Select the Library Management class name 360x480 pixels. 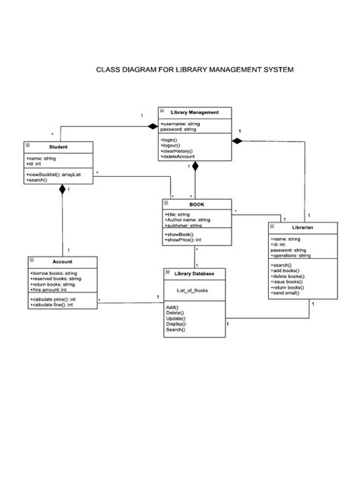pyautogui.click(x=194, y=112)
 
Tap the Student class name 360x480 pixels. pyautogui.click(x=58, y=146)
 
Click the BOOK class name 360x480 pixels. pyautogui.click(x=197, y=204)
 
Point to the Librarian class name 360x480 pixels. pyautogui.click(x=292, y=227)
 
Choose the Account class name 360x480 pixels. pyautogui.click(x=63, y=261)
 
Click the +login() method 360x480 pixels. pyautogui.click(x=170, y=140)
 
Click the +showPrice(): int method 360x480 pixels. pyautogui.click(x=183, y=240)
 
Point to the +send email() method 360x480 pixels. pyautogui.click(x=286, y=293)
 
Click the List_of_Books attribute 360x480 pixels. pyautogui.click(x=192, y=289)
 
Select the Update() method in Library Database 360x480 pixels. pyautogui.click(x=176, y=318)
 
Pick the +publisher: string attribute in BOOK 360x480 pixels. pyautogui.click(x=183, y=226)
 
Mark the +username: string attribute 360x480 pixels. pyautogui.click(x=181, y=123)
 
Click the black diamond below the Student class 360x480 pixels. pyautogui.click(x=63, y=191)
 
